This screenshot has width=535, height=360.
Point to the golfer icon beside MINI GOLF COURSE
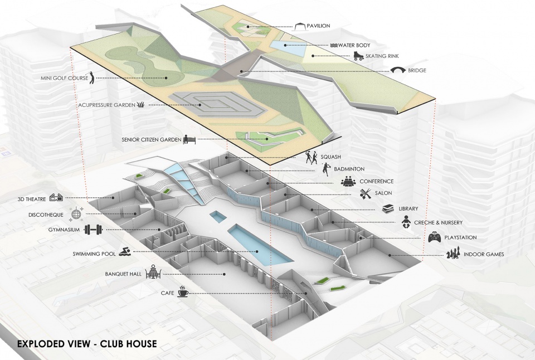91,79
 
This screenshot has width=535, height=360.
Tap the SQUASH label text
330,157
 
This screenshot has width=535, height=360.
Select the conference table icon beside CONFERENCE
349,181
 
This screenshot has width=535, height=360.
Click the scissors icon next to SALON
365,193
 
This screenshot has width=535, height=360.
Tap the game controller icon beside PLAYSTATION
435,238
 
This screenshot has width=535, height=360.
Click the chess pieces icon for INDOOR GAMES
453,255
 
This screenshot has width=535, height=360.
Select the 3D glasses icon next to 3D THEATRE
56,197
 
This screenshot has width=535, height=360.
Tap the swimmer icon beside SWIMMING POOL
126,254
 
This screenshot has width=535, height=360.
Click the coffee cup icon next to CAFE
183,293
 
